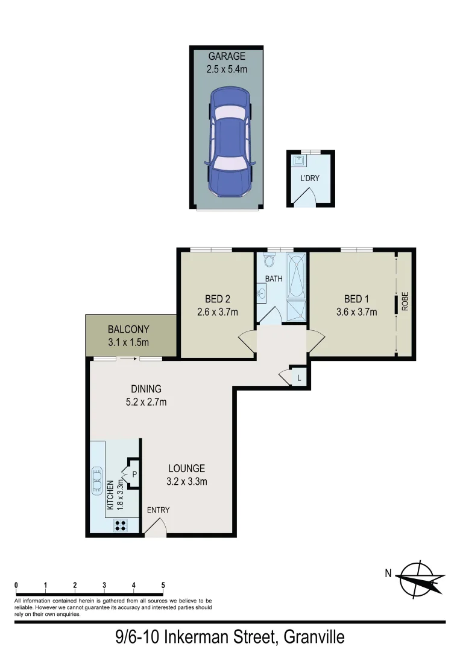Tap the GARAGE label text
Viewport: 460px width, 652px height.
pyautogui.click(x=227, y=57)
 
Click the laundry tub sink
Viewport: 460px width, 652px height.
pyautogui.click(x=300, y=161)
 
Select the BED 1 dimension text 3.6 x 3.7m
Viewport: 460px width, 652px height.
pyautogui.click(x=356, y=312)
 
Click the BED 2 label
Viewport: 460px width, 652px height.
pyautogui.click(x=218, y=299)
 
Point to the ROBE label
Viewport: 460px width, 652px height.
pyautogui.click(x=405, y=302)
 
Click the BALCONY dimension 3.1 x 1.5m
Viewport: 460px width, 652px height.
pyautogui.click(x=128, y=342)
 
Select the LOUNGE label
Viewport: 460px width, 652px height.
pyautogui.click(x=186, y=468)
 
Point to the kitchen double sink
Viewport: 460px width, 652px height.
pyautogui.click(x=96, y=482)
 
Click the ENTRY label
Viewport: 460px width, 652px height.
pyautogui.click(x=159, y=510)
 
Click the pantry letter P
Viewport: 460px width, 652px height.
pyautogui.click(x=134, y=474)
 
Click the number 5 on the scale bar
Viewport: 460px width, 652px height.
pyautogui.click(x=163, y=585)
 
